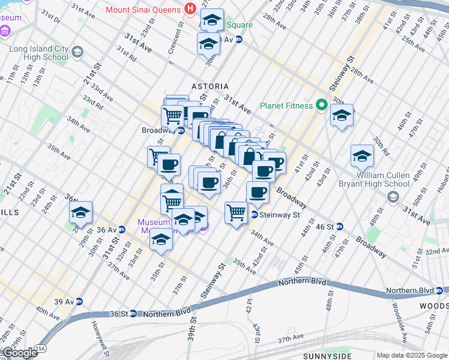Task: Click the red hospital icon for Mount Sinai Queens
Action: (x=190, y=9)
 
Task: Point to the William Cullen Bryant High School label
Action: (x=394, y=179)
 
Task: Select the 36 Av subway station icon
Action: (x=122, y=229)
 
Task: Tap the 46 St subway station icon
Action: (x=340, y=226)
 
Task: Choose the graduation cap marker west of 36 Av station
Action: (x=80, y=212)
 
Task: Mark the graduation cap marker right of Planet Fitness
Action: (x=342, y=116)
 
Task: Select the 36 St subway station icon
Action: (x=135, y=313)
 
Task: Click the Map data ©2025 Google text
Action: (x=411, y=355)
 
